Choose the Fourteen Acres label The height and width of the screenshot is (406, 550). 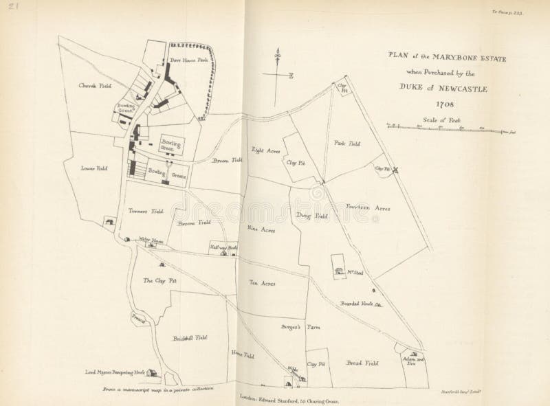point(368,207)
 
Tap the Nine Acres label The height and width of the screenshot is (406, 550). point(261,230)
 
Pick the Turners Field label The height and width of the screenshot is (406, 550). point(144,212)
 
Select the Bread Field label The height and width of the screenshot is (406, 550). point(362,362)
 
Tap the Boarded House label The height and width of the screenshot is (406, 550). point(356,304)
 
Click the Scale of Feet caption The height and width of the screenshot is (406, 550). point(445,120)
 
